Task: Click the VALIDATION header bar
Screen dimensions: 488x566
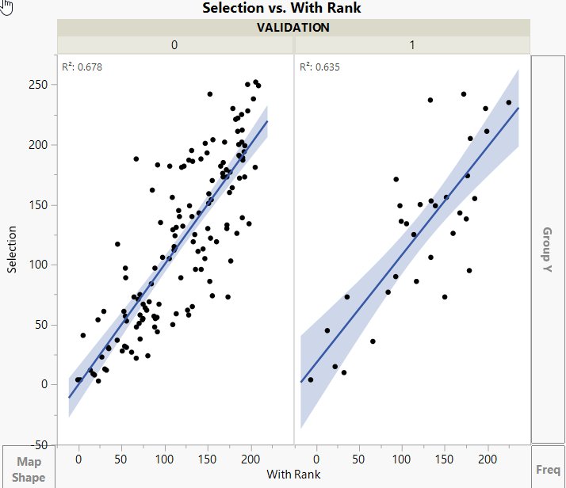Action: [x=293, y=27]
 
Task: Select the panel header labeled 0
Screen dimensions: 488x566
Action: [x=174, y=45]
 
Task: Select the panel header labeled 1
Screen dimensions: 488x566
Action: [x=411, y=45]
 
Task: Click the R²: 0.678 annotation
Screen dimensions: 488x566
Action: [x=82, y=67]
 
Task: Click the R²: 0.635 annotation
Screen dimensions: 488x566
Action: [x=319, y=67]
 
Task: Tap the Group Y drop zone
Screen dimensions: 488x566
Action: [x=548, y=250]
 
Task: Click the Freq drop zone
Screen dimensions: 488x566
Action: [x=548, y=469]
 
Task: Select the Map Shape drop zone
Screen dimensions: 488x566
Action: [x=28, y=469]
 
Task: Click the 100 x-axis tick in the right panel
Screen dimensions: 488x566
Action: [x=402, y=459]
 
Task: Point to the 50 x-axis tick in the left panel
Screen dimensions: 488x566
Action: [x=121, y=459]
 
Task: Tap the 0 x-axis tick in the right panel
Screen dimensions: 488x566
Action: [x=316, y=459]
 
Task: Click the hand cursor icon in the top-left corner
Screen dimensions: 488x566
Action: [x=6, y=7]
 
